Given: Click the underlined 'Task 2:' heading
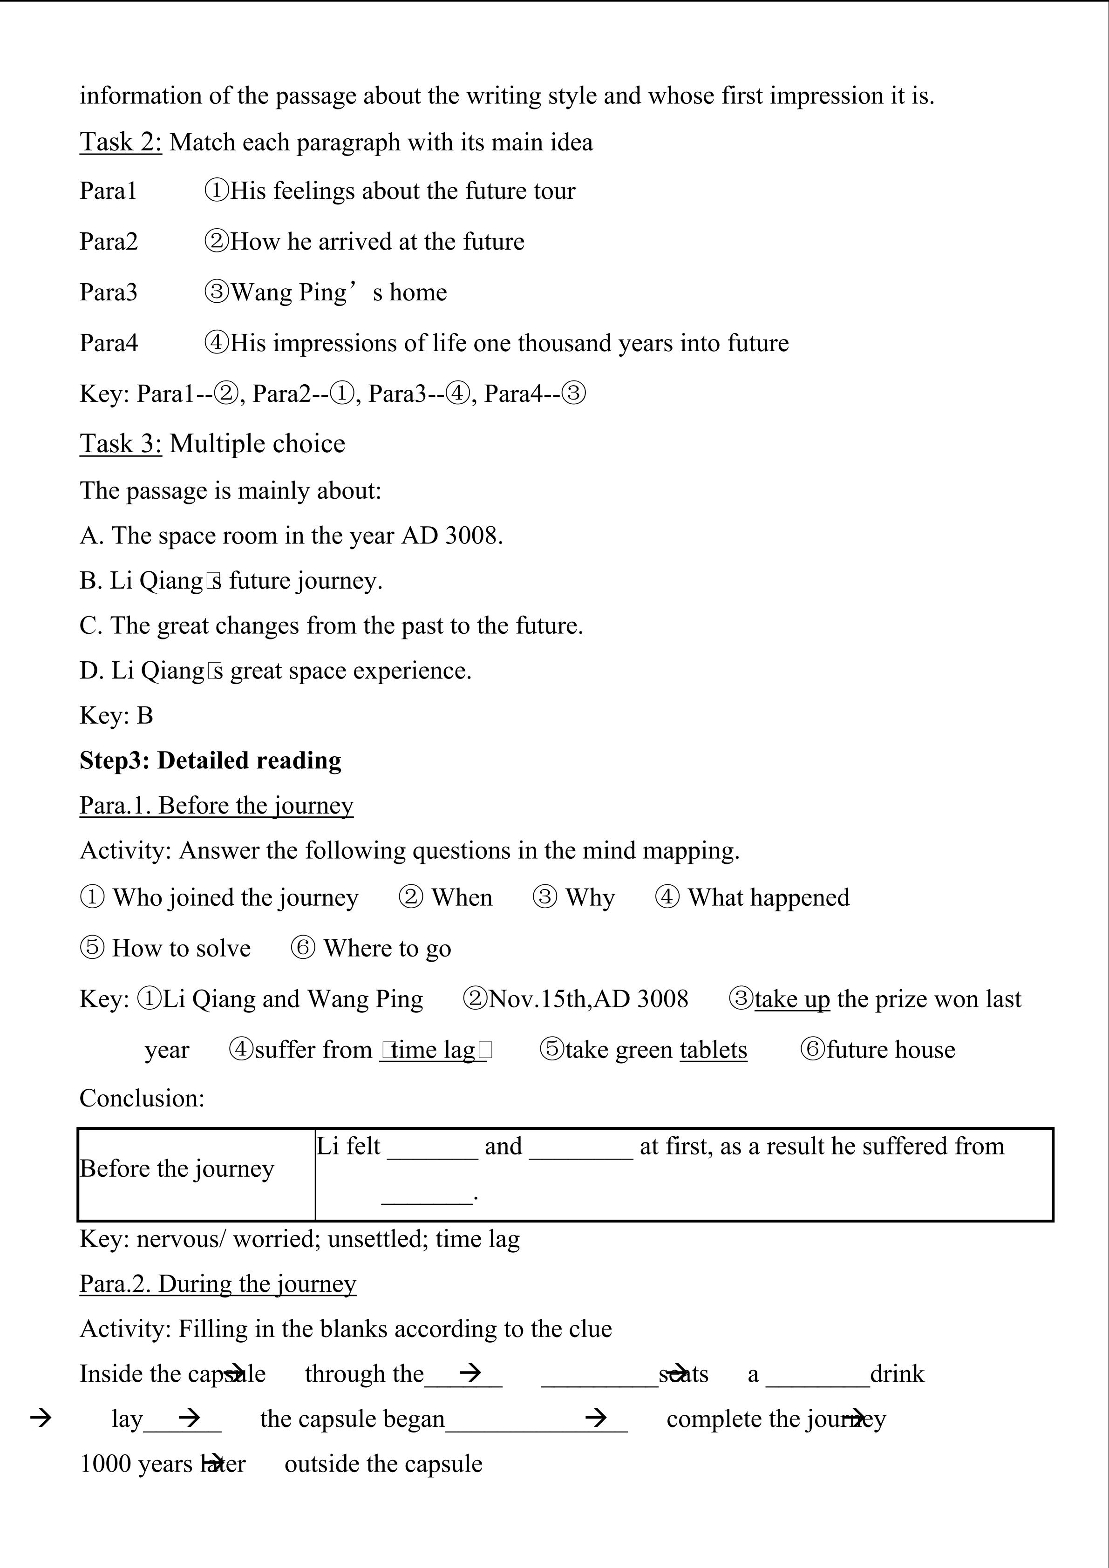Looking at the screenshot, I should (x=121, y=142).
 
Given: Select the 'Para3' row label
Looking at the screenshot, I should (x=109, y=292).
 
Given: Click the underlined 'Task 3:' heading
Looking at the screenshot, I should (x=121, y=444).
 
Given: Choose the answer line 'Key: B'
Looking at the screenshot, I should (x=116, y=716).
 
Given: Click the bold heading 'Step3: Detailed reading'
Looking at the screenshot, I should (x=211, y=761).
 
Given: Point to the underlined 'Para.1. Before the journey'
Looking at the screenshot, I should (x=217, y=806).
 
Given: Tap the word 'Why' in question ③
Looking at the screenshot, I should (x=590, y=897).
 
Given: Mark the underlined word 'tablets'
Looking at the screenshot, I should (x=713, y=1050).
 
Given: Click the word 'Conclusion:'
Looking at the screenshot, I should (x=142, y=1098).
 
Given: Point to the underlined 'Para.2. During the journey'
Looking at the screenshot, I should (x=218, y=1284).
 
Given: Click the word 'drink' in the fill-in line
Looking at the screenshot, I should (x=897, y=1374).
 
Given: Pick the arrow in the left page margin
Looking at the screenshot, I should (x=41, y=1419).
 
